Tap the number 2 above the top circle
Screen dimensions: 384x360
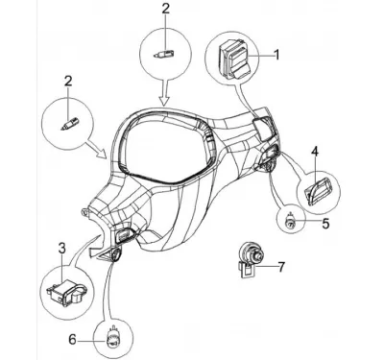coord(165,9)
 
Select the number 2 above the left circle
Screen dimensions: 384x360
coord(68,82)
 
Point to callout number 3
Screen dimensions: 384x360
coord(62,248)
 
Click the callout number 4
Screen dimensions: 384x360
coord(315,152)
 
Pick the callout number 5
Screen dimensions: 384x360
coord(325,224)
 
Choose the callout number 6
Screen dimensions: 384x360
coord(73,340)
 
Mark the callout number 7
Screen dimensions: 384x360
coord(280,267)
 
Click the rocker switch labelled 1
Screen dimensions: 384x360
coord(234,60)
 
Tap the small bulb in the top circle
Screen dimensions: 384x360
coord(163,53)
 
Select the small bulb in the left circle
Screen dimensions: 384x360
coord(69,124)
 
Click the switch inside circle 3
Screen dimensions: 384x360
coord(66,293)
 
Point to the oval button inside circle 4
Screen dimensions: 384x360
coord(318,191)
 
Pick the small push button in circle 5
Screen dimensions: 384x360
coord(291,222)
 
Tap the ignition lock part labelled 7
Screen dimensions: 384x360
coord(251,259)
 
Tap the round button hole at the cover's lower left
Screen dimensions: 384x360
coord(115,255)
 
